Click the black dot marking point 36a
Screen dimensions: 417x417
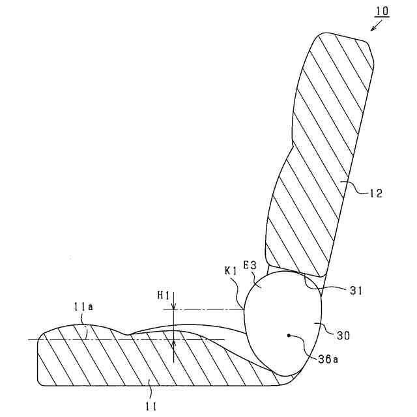288,336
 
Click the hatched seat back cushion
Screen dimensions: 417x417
319,150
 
